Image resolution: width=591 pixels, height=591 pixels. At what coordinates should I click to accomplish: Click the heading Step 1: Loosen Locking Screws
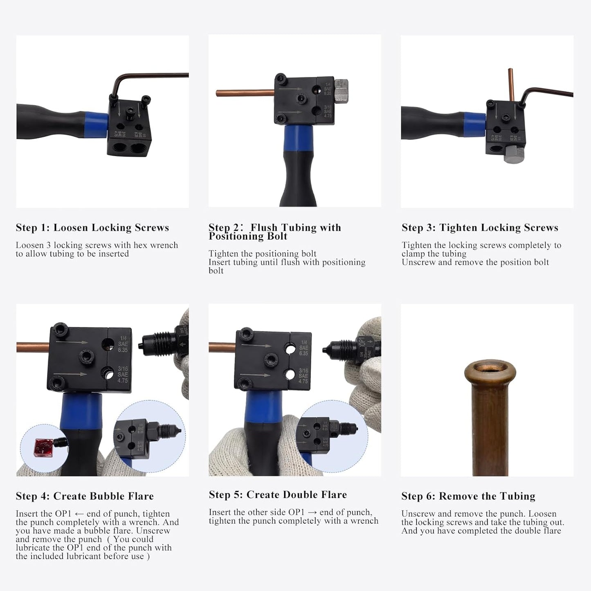(x=92, y=228)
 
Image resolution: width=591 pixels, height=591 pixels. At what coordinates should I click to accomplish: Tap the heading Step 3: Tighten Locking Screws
(x=480, y=228)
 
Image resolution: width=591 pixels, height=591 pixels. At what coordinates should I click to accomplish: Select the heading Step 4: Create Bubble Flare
(x=85, y=496)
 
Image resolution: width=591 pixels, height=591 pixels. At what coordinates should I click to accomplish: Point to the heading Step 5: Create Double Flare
(x=278, y=495)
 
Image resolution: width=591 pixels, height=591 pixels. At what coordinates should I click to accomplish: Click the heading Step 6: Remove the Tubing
(x=468, y=496)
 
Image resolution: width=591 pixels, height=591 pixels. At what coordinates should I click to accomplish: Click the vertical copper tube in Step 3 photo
(x=511, y=84)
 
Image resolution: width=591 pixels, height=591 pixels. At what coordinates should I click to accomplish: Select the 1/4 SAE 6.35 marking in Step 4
(x=122, y=344)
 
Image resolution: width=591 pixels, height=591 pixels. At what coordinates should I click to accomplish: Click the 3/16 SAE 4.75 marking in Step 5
(x=303, y=375)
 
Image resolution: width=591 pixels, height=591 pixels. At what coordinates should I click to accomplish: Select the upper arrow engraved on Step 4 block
(x=72, y=342)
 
